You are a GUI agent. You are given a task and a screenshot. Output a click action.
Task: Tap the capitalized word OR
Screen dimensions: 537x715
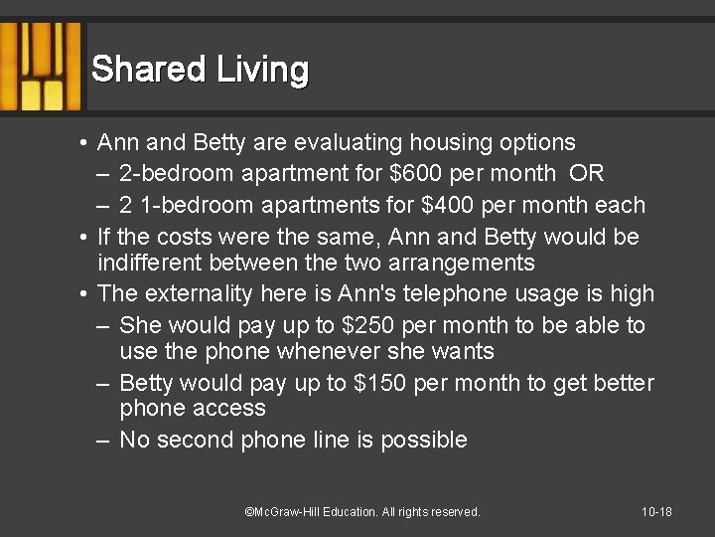click(587, 174)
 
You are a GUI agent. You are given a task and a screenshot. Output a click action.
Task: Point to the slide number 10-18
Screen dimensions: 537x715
click(656, 512)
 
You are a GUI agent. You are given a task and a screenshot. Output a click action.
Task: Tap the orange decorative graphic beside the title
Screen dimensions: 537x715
click(42, 67)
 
